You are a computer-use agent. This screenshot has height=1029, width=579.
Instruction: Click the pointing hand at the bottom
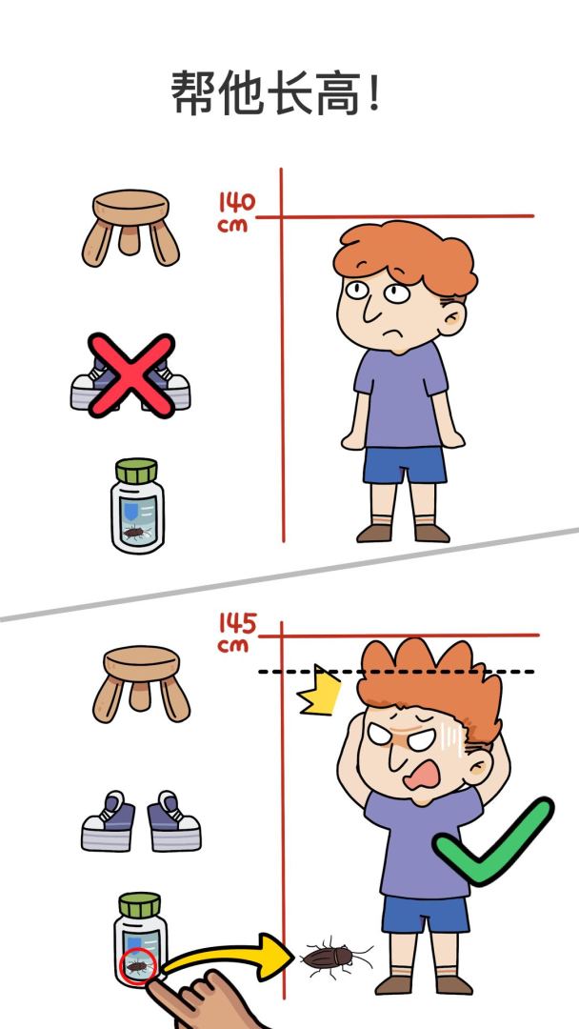[200, 1000]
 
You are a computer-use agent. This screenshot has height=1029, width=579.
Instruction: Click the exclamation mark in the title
[373, 93]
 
